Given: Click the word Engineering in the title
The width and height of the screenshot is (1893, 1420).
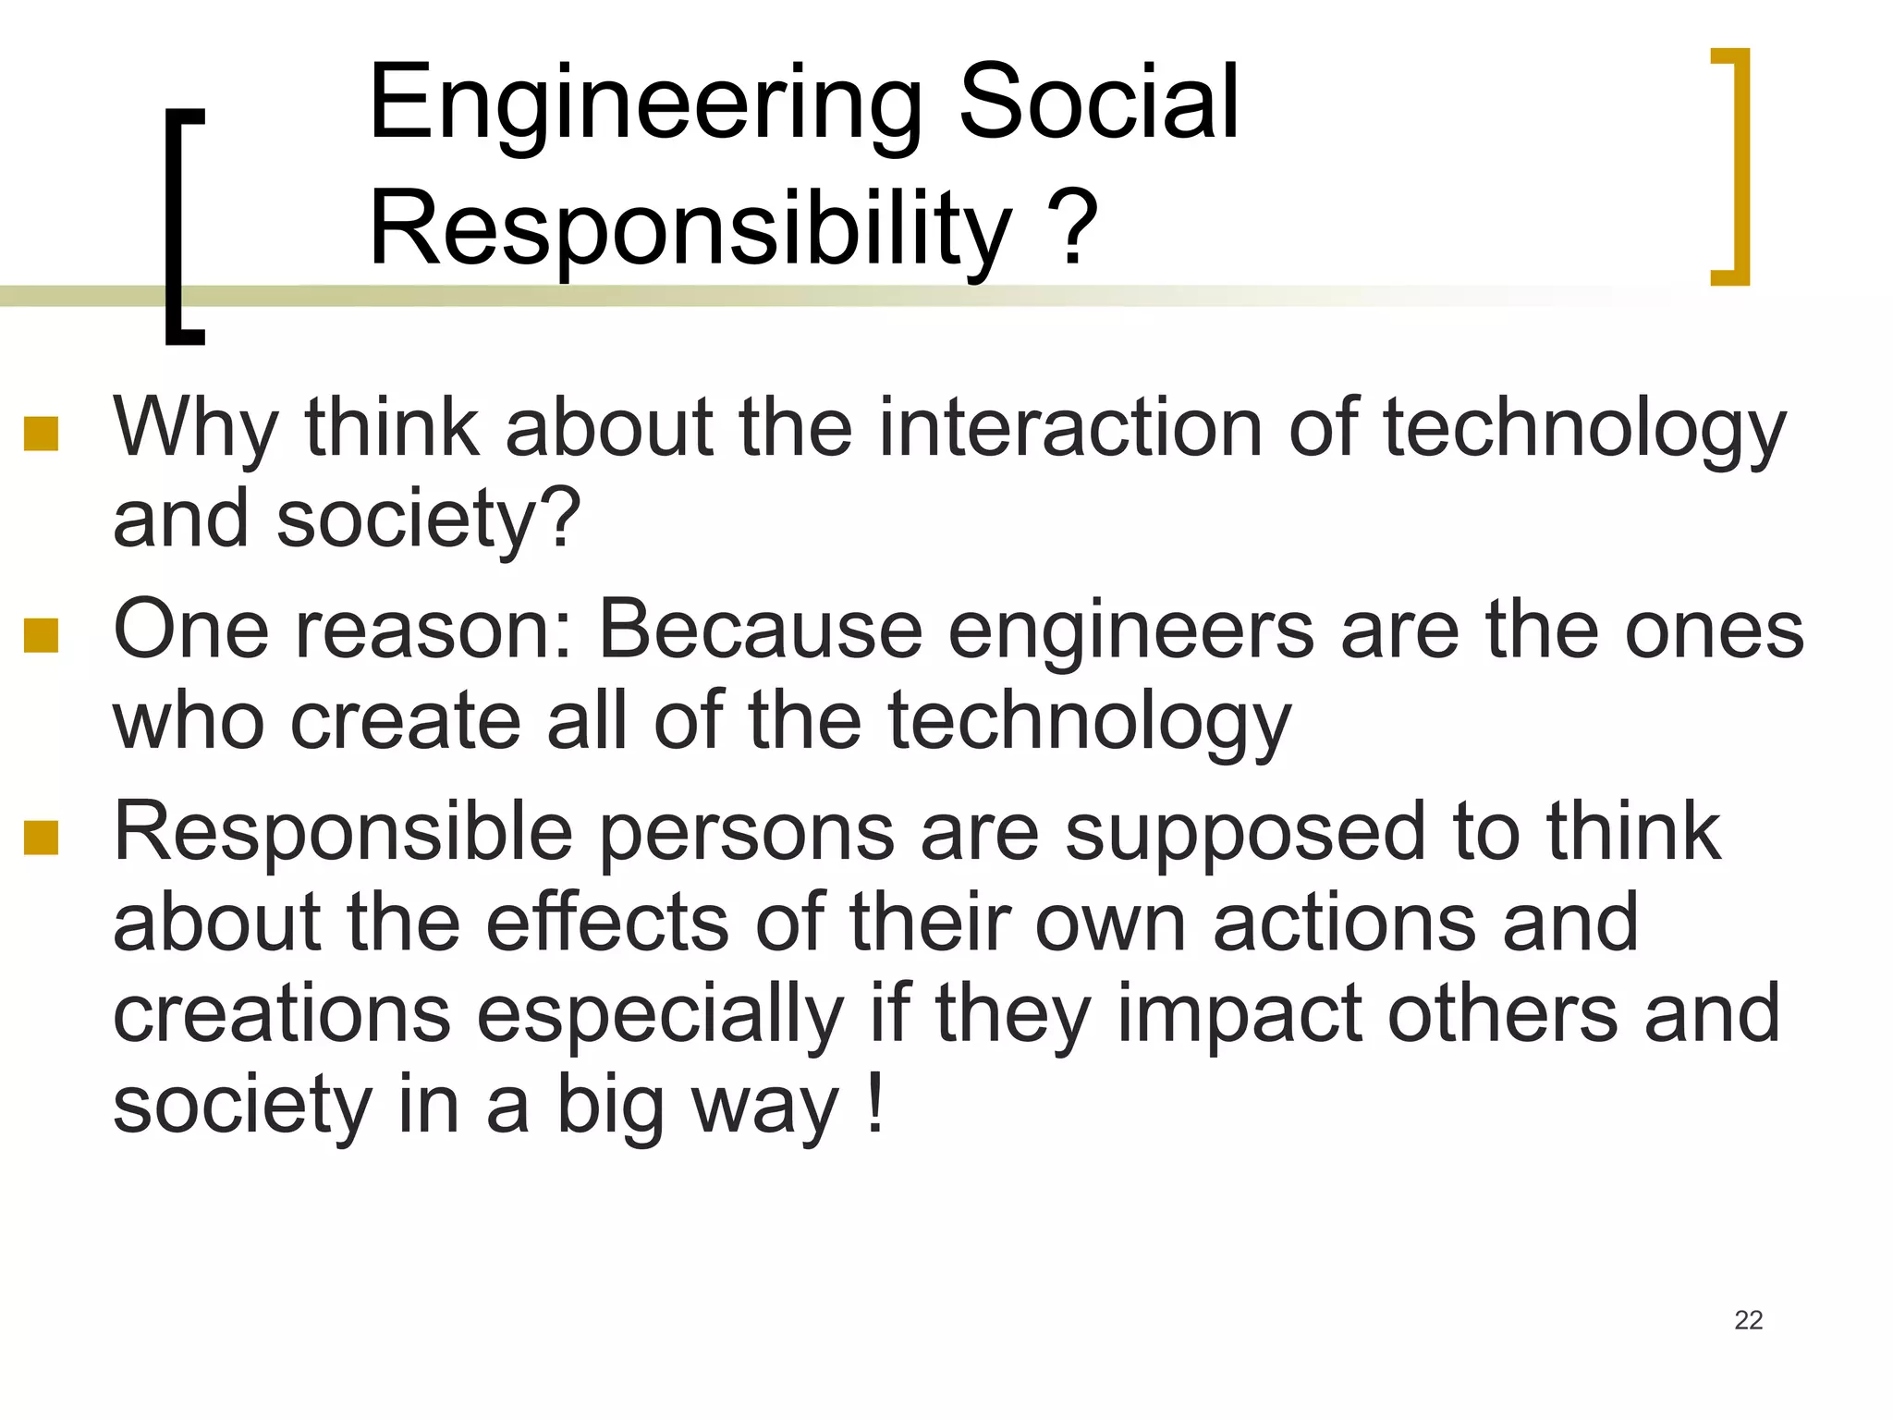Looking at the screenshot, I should pyautogui.click(x=645, y=104).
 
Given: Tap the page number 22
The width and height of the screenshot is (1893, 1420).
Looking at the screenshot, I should pyautogui.click(x=1748, y=1320).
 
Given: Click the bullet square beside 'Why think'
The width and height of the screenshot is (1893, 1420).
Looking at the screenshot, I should pyautogui.click(x=42, y=433).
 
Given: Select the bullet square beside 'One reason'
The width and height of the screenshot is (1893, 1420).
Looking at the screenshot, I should pyautogui.click(x=42, y=635).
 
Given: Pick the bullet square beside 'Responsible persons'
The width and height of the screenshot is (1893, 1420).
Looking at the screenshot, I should pyautogui.click(x=42, y=837).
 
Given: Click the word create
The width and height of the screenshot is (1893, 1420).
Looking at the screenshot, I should pyautogui.click(x=407, y=721).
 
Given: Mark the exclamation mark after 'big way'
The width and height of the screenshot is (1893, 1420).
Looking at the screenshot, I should pyautogui.click(x=875, y=1105).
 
